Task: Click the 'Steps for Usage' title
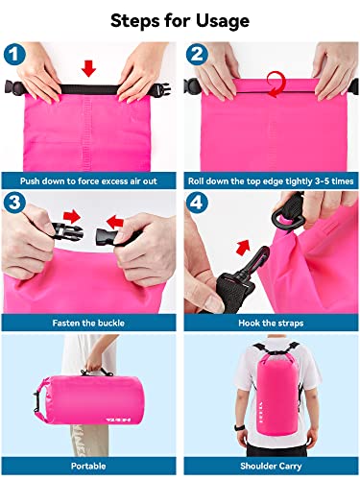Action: tap(180, 20)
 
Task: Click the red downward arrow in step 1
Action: tap(88, 68)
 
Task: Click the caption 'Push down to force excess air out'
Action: tap(90, 179)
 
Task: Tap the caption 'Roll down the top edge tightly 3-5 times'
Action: tap(269, 179)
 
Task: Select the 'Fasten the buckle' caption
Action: tap(90, 324)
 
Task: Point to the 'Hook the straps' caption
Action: tap(269, 324)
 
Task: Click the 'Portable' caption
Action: tap(90, 468)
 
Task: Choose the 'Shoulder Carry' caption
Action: tap(269, 468)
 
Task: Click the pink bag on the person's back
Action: tap(271, 403)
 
